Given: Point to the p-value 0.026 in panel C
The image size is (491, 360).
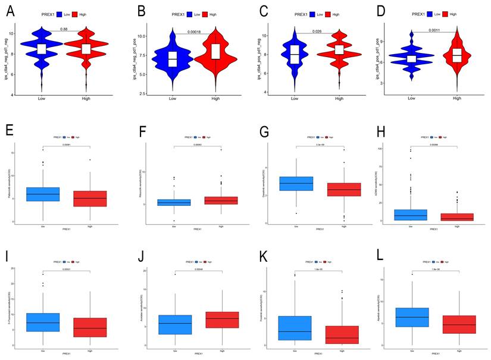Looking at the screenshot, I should [317, 31].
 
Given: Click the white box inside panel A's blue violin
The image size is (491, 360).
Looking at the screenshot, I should [41, 49].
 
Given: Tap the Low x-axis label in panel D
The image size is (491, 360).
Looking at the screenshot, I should [412, 99].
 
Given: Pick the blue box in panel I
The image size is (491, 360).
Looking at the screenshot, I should [43, 322].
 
